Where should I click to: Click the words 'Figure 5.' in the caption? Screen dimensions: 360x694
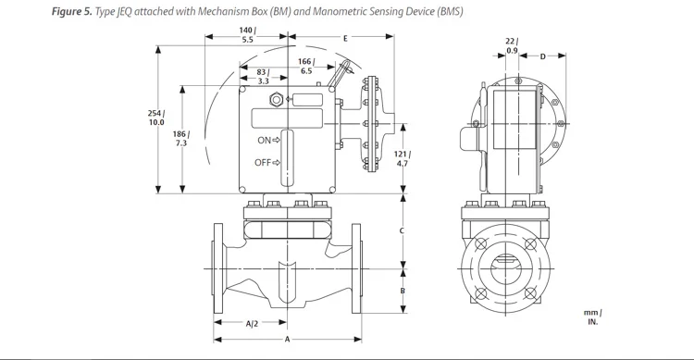pos(34,11)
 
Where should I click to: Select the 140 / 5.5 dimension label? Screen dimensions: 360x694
pos(247,34)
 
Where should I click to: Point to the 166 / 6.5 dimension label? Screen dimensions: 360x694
pos(305,66)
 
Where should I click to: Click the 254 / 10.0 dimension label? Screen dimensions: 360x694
pos(156,118)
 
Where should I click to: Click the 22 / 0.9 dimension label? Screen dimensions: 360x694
pos(513,46)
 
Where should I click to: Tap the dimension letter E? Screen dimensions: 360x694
pos(344,39)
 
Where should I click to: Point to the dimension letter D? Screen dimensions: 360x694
pos(542,56)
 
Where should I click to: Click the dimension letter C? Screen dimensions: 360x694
pos(402,230)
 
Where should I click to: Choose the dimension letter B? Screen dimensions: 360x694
pos(402,290)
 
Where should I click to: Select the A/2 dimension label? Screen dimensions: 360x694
pos(252,324)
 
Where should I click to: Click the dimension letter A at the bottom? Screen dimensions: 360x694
pos(288,340)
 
